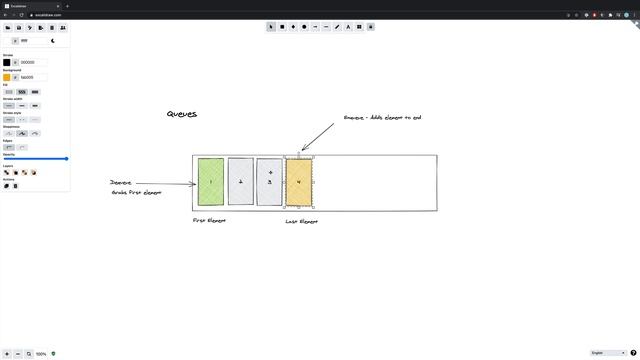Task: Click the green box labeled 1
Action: pos(211,182)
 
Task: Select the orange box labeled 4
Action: pos(300,182)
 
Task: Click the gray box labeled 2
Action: pos(241,182)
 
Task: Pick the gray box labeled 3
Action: pos(270,182)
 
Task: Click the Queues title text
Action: pos(182,114)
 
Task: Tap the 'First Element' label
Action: pos(209,220)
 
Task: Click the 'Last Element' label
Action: pos(301,221)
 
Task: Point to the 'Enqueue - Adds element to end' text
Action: pos(382,117)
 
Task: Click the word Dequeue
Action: pos(121,183)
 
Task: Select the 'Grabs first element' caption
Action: pos(136,192)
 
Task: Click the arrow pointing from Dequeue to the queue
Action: pos(165,183)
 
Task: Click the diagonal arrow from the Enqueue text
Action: pos(317,135)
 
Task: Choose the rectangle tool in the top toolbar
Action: pos(282,27)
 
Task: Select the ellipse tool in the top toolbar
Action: pos(304,27)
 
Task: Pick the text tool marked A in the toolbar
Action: pos(348,27)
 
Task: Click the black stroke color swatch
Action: pos(7,62)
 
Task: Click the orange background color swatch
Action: pos(7,77)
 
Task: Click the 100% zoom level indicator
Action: pos(41,354)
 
